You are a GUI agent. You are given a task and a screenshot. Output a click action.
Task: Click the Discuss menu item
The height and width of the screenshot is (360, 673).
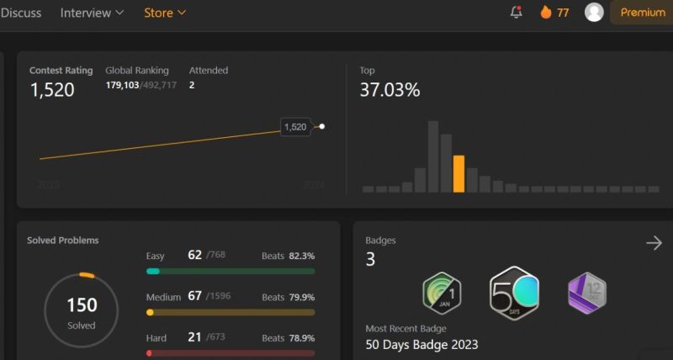click(x=21, y=13)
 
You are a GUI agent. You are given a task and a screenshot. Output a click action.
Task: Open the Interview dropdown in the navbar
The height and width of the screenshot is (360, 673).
click(x=92, y=13)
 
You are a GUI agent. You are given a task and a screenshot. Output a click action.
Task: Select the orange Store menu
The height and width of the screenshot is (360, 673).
click(x=165, y=13)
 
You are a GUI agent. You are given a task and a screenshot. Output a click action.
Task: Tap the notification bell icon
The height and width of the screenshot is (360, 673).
click(x=517, y=13)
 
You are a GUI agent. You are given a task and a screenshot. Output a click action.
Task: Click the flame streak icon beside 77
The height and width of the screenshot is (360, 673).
click(x=545, y=13)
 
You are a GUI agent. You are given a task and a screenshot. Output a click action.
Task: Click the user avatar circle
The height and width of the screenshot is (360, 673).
click(x=594, y=12)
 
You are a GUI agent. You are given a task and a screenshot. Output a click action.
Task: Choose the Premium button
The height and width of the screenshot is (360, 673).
click(x=643, y=13)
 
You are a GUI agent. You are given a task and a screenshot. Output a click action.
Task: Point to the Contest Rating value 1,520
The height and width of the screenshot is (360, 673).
click(x=52, y=90)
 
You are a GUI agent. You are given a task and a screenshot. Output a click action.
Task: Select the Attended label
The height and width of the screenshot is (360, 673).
click(x=209, y=71)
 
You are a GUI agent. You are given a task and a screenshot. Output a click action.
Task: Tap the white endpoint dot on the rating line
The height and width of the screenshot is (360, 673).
click(x=322, y=127)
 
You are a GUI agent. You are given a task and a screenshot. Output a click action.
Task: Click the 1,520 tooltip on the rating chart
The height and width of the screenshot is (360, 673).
click(x=295, y=127)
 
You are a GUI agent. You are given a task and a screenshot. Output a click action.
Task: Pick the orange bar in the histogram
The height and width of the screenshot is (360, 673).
click(x=458, y=174)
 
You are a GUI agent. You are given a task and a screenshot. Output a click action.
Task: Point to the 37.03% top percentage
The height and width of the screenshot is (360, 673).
click(x=389, y=90)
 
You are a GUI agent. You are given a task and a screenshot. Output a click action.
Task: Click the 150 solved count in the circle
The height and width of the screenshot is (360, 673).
click(x=82, y=305)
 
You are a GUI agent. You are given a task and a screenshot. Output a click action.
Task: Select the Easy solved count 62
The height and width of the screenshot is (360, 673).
click(x=195, y=254)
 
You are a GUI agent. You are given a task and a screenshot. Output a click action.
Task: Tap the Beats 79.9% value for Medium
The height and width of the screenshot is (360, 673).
click(x=302, y=297)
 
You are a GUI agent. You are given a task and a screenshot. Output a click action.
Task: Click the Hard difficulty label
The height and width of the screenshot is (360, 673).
click(x=156, y=338)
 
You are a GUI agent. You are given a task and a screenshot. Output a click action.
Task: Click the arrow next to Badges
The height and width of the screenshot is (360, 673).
click(x=654, y=243)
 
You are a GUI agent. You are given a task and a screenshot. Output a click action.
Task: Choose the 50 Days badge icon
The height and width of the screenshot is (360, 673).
click(x=514, y=293)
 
